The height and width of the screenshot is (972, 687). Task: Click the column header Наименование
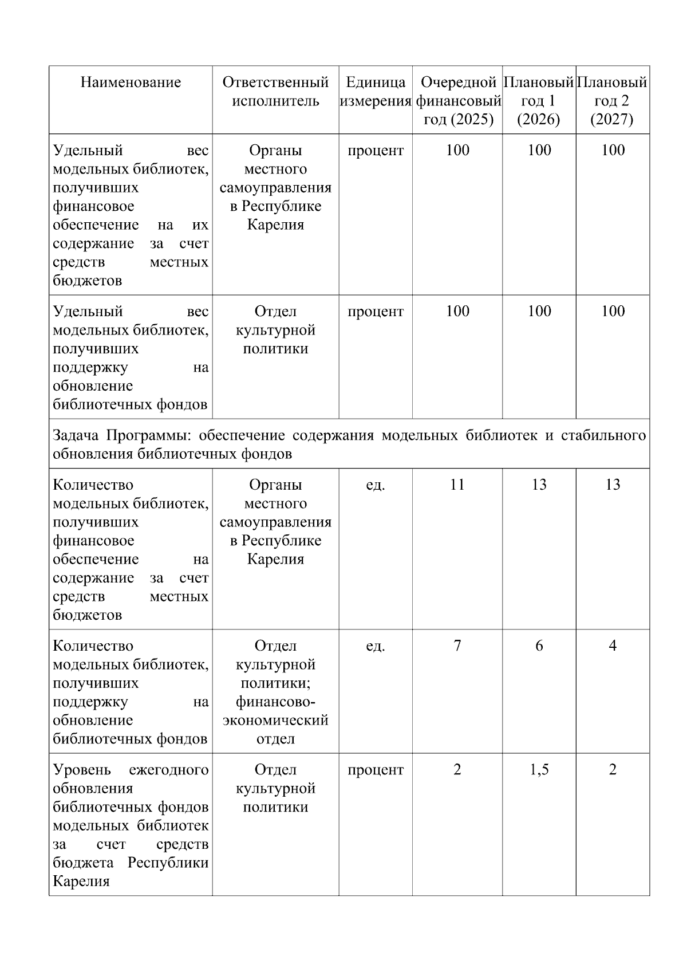(x=131, y=82)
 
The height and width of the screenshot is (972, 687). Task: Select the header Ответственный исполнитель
(x=275, y=92)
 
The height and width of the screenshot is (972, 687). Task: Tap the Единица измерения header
(x=376, y=92)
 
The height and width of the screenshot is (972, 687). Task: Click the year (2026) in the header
(x=539, y=120)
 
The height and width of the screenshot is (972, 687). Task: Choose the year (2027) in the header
(x=613, y=120)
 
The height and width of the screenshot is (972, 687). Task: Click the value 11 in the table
(x=457, y=485)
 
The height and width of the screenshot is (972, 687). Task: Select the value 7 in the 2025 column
(x=457, y=646)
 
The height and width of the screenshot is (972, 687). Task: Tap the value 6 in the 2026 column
(x=539, y=646)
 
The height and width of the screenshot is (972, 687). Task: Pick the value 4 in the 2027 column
(x=613, y=646)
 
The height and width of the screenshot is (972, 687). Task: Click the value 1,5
(x=539, y=770)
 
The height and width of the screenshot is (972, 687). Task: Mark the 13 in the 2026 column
(x=539, y=485)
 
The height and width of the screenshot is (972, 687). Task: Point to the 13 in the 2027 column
(x=613, y=485)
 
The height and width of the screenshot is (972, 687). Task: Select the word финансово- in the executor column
(x=275, y=702)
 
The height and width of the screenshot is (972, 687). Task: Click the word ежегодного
(x=168, y=770)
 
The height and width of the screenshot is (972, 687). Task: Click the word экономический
(x=275, y=720)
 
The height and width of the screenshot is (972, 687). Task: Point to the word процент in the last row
(x=376, y=770)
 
